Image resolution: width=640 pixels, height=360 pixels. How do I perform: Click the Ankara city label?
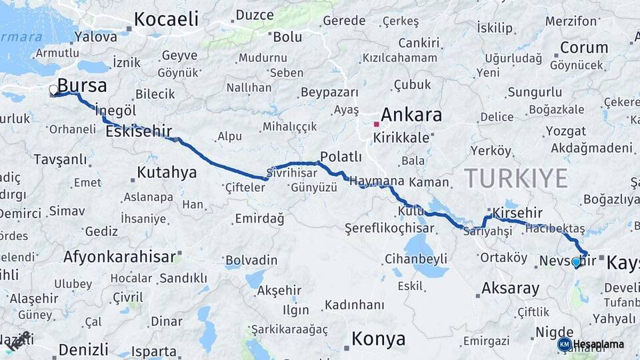[411, 115]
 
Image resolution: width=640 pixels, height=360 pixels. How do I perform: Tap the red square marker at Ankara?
[376, 124]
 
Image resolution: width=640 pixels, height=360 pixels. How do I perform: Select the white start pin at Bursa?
[53, 90]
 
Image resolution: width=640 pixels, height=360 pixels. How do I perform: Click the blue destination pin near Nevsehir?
[576, 262]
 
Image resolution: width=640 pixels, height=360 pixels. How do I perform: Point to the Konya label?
[378, 339]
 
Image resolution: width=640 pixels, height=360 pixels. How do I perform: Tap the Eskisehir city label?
[139, 131]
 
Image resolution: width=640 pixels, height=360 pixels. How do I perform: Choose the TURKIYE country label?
[515, 178]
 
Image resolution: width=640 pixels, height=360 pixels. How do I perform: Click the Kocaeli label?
[167, 19]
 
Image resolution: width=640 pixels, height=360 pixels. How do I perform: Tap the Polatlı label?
[341, 157]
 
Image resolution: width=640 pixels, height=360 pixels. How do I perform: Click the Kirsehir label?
[518, 211]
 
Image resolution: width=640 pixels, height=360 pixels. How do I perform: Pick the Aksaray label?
[510, 288]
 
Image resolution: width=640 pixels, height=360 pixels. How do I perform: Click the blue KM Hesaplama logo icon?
[564, 344]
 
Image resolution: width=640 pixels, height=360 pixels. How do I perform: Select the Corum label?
[584, 47]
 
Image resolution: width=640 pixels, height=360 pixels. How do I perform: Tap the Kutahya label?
[167, 173]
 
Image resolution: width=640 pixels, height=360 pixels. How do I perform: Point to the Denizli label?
[83, 349]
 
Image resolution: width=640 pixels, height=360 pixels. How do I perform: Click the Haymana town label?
[377, 181]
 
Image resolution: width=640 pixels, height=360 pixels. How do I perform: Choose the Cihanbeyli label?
[416, 259]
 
